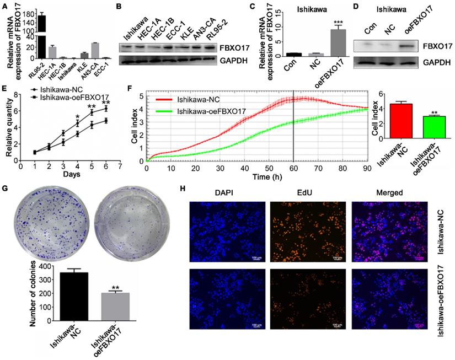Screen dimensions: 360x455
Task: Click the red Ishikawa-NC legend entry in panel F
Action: click(204, 100)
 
